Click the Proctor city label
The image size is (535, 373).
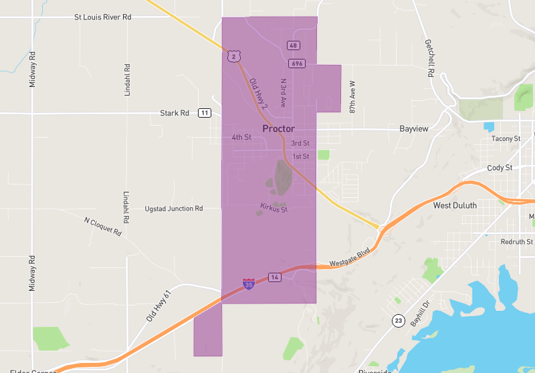pos(278,128)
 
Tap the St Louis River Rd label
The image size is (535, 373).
pos(102,17)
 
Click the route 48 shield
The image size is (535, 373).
pos(294,45)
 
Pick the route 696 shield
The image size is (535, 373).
pos(297,64)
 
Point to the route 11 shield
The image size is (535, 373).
pos(204,113)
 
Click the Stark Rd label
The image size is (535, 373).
pos(175,113)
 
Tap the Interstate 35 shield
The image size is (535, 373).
pos(248,284)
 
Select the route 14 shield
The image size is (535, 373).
pos(274,277)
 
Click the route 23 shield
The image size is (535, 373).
pos(399,320)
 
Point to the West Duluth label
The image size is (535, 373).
pos(455,205)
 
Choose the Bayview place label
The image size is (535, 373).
pos(413,128)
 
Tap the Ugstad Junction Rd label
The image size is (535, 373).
pos(173,209)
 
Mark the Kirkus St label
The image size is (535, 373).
pos(274,209)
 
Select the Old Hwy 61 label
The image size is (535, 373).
pos(159,301)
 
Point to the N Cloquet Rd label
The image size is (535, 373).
pos(103,227)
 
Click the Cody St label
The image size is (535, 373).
pos(500,168)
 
